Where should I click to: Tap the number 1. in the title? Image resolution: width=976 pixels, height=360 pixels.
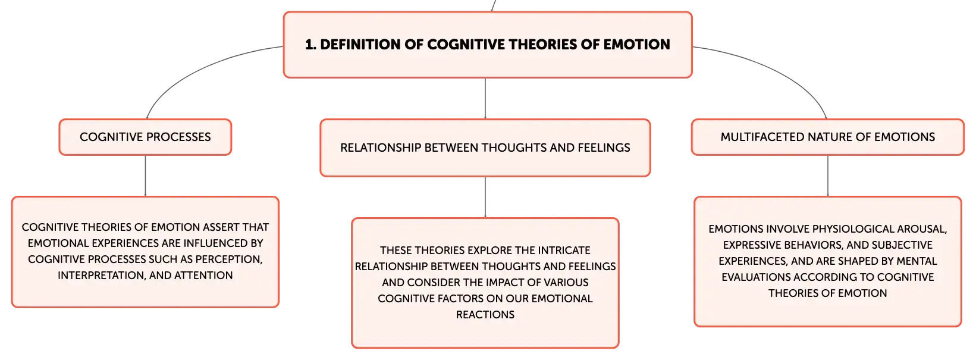[310, 45]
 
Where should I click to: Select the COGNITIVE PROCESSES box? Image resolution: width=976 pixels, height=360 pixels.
[145, 137]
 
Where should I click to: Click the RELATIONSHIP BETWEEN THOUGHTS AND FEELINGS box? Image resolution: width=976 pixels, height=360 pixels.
[485, 148]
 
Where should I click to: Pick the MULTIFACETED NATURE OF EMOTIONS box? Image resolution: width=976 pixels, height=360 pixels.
[827, 137]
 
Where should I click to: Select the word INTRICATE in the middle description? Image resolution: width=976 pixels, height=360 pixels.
[564, 250]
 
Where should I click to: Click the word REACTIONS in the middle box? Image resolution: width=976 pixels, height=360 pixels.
[485, 315]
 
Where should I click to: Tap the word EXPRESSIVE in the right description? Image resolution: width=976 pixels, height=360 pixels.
[753, 245]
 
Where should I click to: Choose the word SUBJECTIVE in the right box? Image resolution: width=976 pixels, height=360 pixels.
[903, 245]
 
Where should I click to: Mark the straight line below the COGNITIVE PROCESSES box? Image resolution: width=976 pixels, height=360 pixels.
[145, 176]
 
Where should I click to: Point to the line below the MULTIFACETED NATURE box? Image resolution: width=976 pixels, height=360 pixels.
[827, 176]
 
